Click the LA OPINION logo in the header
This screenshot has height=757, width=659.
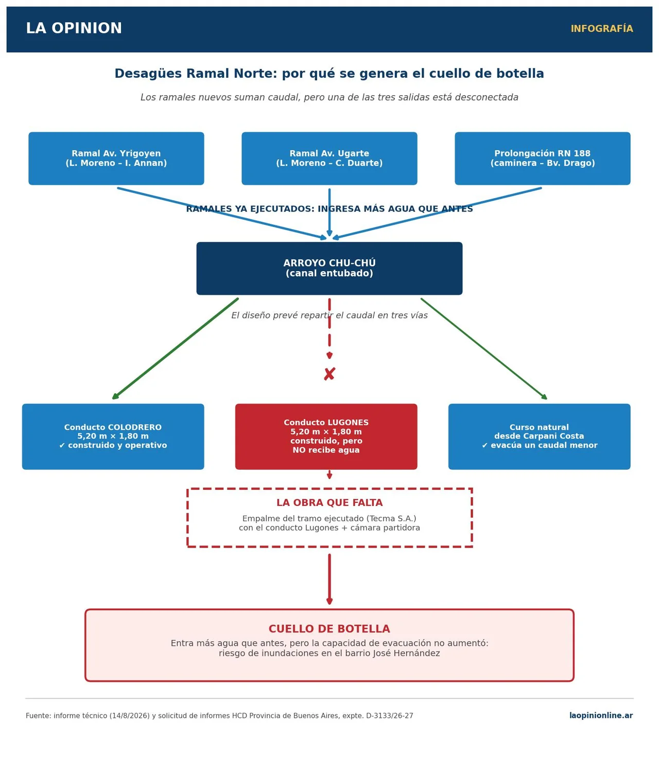point(74,28)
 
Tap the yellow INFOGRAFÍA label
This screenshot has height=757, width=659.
point(601,29)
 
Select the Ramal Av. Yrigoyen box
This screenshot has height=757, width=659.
point(116,159)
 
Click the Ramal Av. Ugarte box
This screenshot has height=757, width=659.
point(329,159)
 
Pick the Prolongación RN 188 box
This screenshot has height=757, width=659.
point(543,159)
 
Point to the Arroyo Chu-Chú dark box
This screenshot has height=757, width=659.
point(329,268)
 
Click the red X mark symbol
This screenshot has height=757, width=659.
point(329,374)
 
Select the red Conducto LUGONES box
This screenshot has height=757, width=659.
point(326,436)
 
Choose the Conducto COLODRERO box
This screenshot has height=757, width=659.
point(113,436)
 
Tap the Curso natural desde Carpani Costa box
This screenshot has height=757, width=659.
point(539,436)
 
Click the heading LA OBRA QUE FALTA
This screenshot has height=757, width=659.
point(329,502)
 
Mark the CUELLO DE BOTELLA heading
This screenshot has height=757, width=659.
point(329,629)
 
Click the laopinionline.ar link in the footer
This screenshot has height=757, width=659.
point(601,715)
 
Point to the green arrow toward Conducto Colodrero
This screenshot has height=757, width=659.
point(176,348)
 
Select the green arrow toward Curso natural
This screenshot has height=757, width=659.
point(484,349)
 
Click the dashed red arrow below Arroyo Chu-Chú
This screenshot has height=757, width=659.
point(329,328)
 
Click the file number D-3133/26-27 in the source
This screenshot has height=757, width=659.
point(389,715)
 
